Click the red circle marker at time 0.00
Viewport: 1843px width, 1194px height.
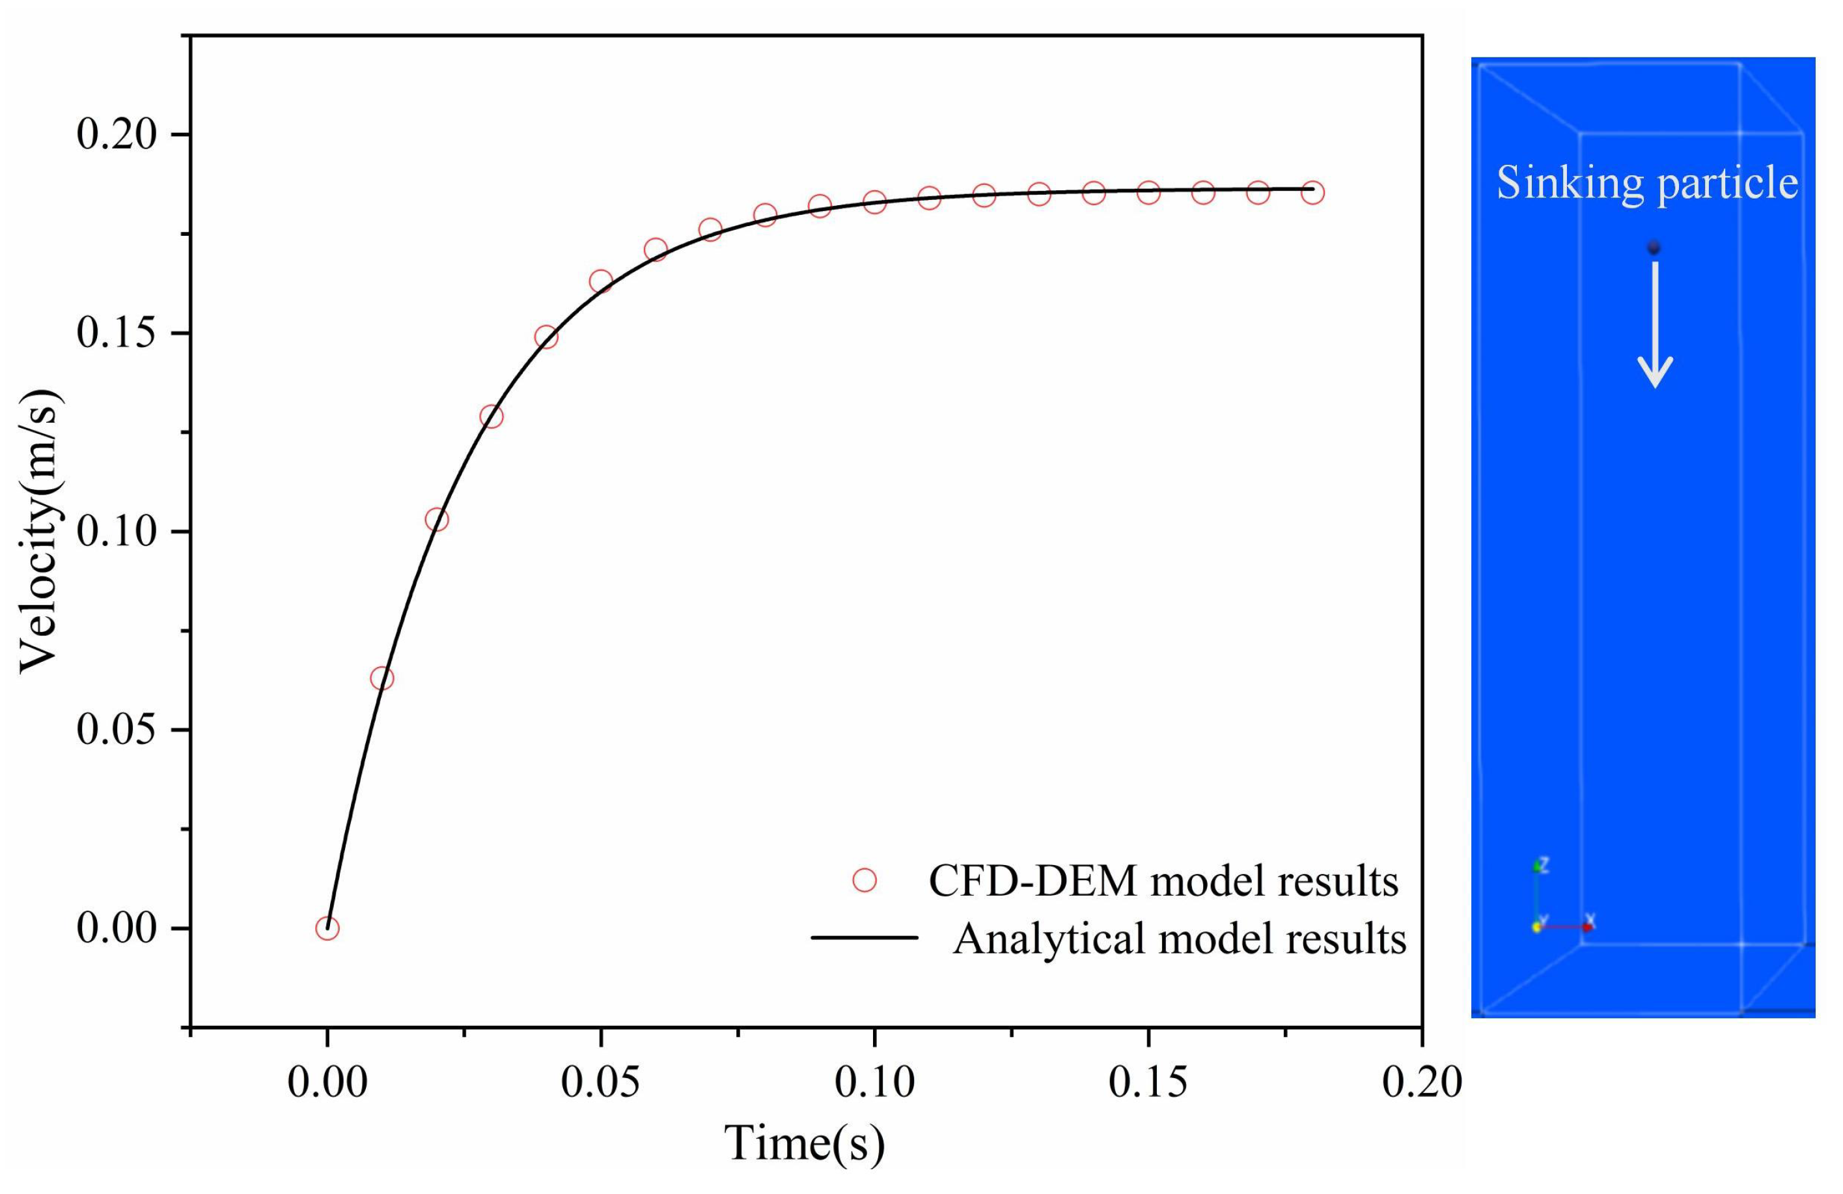[327, 928]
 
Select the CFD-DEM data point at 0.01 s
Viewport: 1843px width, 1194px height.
[381, 678]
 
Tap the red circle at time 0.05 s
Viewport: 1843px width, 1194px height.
[601, 281]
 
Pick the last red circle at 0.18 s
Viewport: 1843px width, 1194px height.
[1312, 192]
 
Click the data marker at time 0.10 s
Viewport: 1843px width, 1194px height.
[874, 202]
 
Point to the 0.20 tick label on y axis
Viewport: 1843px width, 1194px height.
[116, 135]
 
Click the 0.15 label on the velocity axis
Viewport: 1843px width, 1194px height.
[116, 334]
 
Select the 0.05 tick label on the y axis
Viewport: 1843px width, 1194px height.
[116, 730]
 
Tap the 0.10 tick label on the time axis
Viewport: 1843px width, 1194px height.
[874, 1083]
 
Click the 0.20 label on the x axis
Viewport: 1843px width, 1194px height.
[1422, 1083]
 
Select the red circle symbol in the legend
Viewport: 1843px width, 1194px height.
[864, 880]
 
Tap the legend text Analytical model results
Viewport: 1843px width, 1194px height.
[1180, 938]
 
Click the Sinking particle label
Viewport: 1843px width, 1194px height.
[1646, 184]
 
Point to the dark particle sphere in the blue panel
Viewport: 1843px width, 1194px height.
[1654, 248]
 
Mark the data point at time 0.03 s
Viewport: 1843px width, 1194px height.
[491, 416]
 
